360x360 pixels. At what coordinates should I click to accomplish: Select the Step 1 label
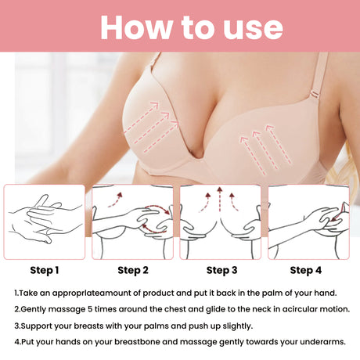click(x=45, y=271)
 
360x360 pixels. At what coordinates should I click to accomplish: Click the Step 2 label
click(x=133, y=271)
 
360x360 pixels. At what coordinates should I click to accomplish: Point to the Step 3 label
click(x=221, y=271)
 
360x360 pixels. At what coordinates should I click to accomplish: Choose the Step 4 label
click(x=305, y=271)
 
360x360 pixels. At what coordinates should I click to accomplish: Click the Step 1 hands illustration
click(x=45, y=221)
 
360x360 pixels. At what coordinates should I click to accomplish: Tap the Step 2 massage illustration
click(x=133, y=221)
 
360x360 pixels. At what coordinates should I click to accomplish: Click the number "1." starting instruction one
click(x=17, y=293)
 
